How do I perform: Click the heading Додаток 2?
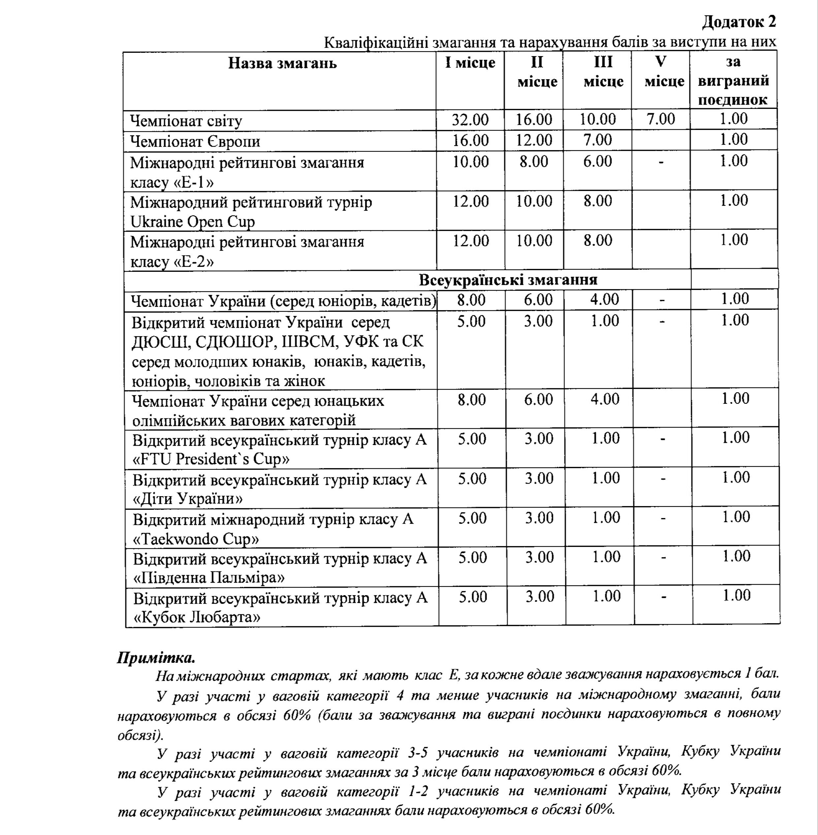pos(739,21)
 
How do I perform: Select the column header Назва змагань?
pos(282,64)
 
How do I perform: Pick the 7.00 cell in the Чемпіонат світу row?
pos(661,119)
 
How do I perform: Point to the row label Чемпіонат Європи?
pos(195,141)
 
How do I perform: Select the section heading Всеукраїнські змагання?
pos(508,280)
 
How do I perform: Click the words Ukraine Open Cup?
pos(192,222)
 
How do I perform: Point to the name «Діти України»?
pos(188,499)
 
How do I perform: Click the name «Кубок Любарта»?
pos(197,618)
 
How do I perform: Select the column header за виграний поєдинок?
pos(734,81)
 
